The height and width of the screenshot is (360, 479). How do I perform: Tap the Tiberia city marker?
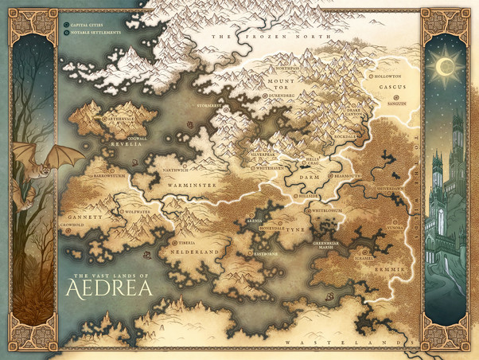coord(173,241)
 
